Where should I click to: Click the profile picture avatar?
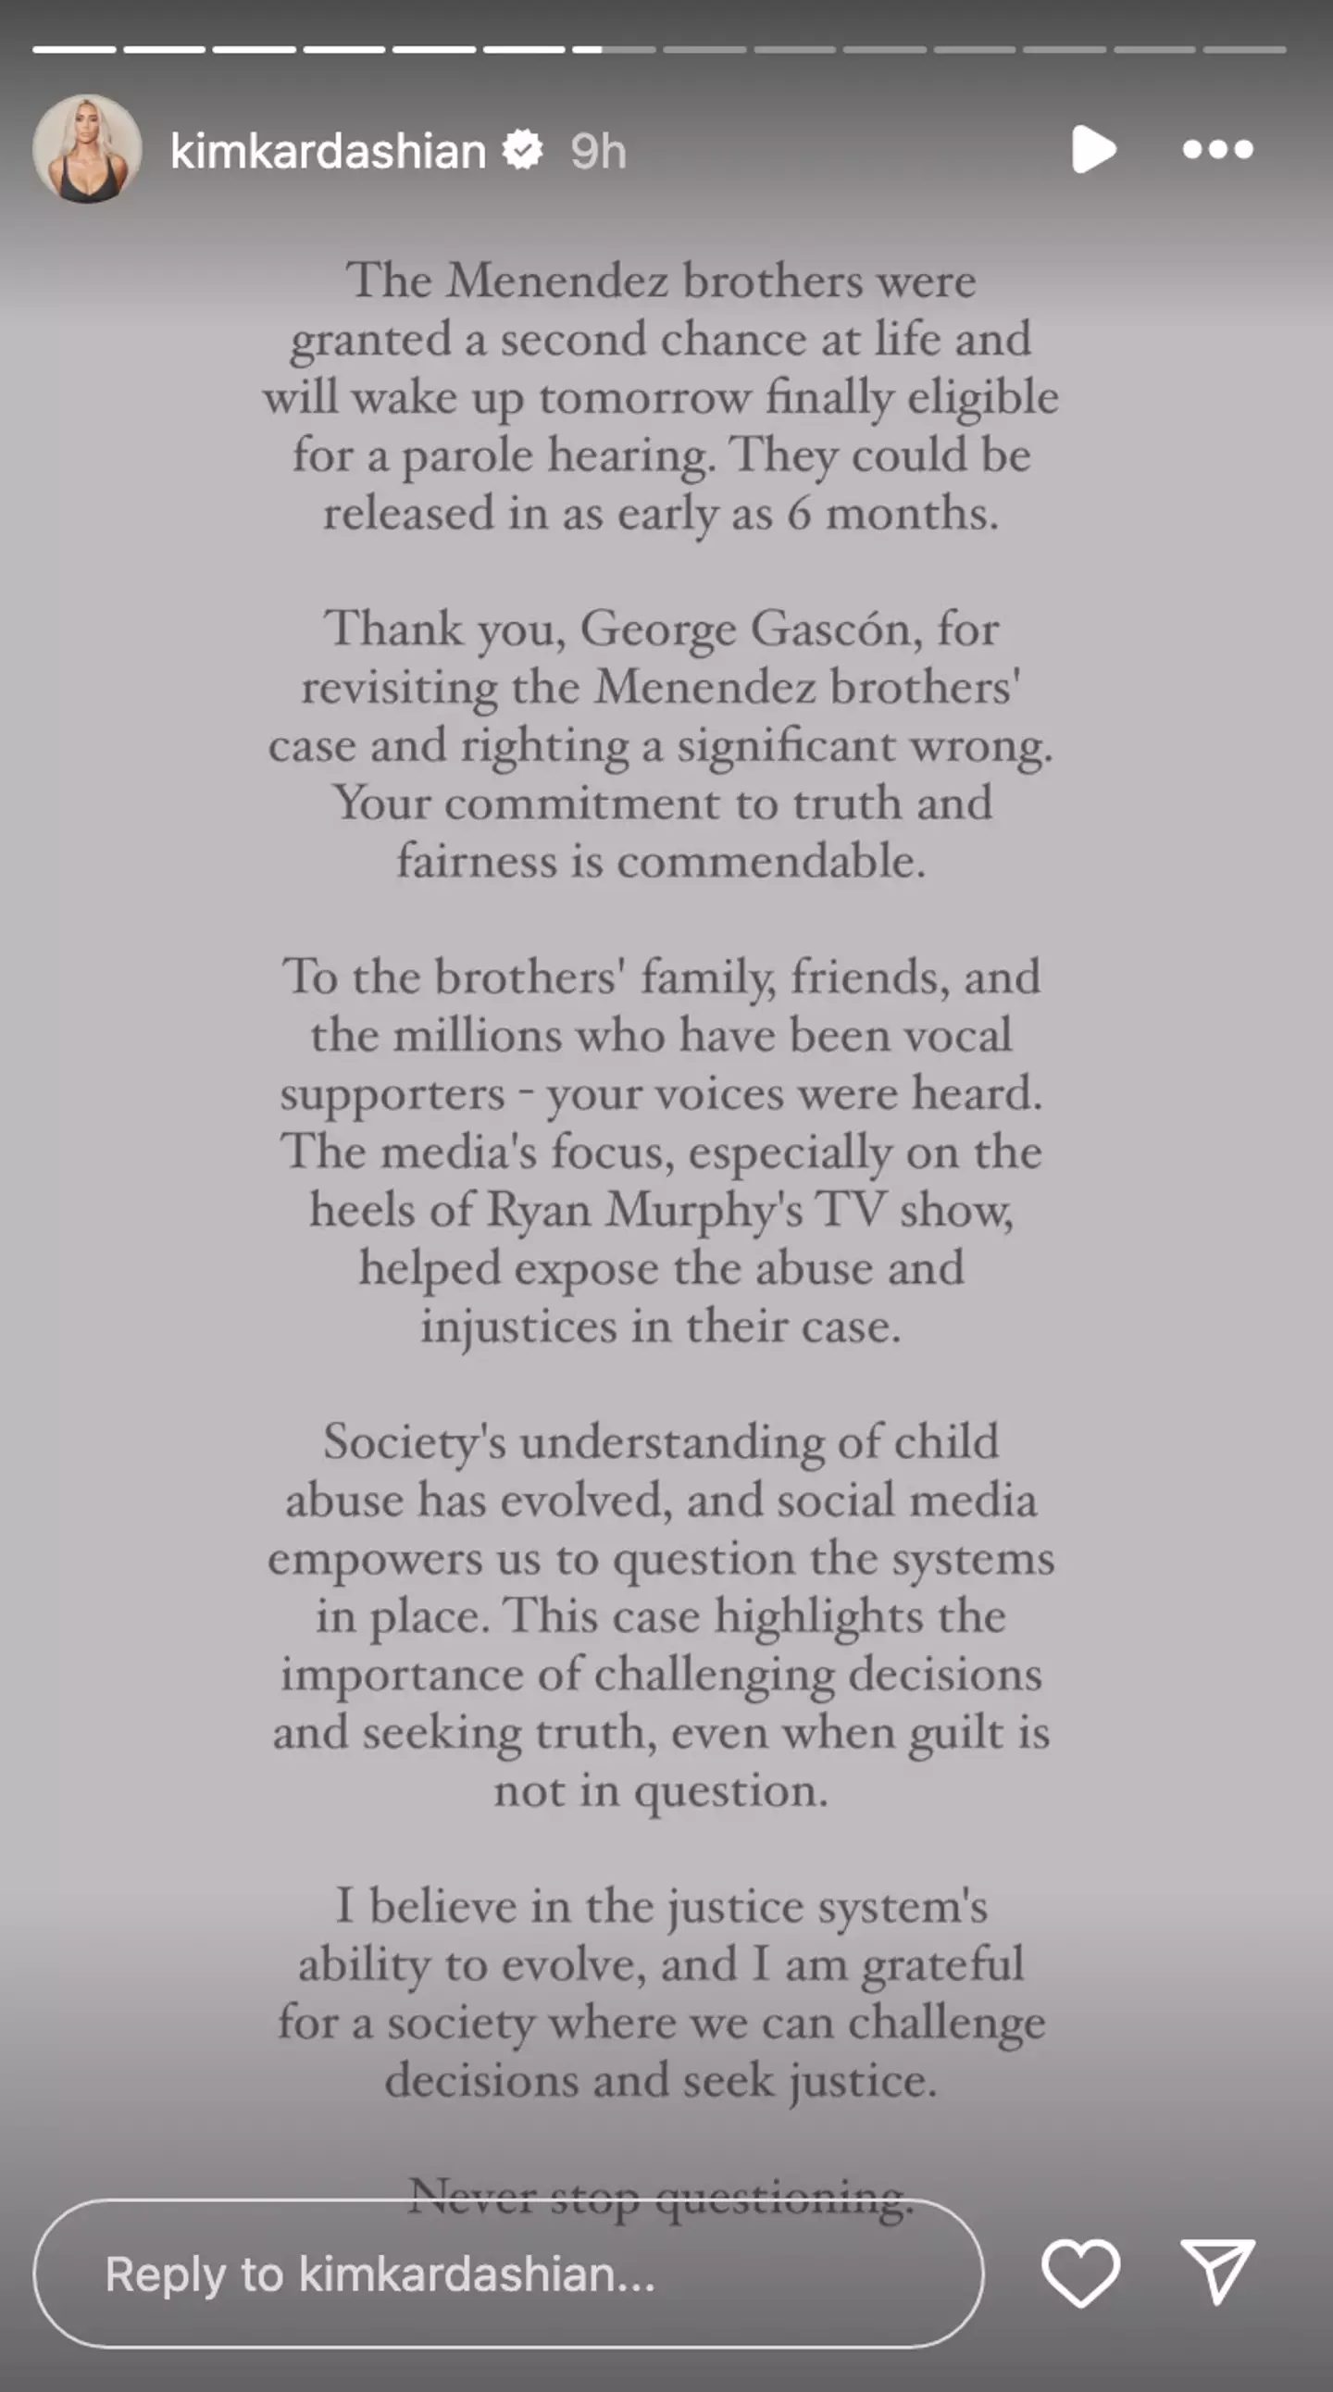(87, 150)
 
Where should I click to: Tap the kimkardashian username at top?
(328, 151)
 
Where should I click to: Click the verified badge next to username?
(524, 150)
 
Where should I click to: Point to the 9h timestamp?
(599, 152)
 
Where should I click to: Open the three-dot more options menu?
(1218, 150)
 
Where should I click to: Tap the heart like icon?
(1080, 2273)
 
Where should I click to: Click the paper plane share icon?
(1217, 2272)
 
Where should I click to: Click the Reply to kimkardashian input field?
(508, 2274)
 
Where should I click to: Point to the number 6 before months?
(799, 514)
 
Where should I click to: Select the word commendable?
(770, 862)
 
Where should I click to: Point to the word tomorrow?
(644, 398)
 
